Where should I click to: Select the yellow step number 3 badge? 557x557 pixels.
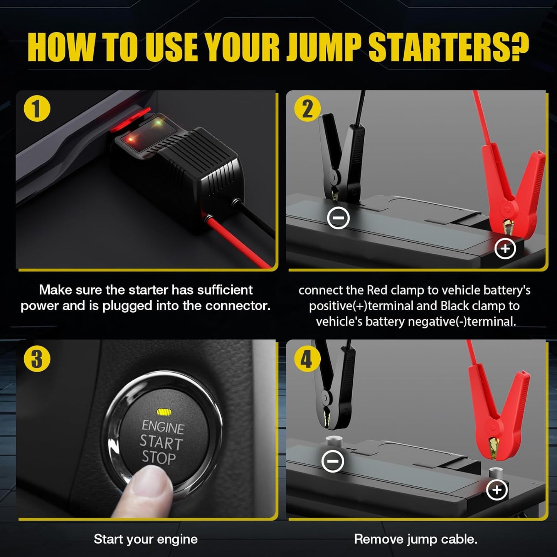(37, 358)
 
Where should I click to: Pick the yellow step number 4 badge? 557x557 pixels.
(307, 358)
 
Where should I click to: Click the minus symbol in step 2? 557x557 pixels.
(338, 218)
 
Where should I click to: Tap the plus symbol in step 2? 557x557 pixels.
(505, 249)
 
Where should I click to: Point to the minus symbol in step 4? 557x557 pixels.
(333, 461)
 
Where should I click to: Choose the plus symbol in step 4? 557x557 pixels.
(497, 490)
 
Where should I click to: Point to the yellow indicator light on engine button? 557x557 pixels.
(164, 412)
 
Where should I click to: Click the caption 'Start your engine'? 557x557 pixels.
(146, 539)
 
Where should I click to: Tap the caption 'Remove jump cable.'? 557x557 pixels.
(416, 539)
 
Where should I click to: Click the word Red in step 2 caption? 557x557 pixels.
(377, 290)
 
